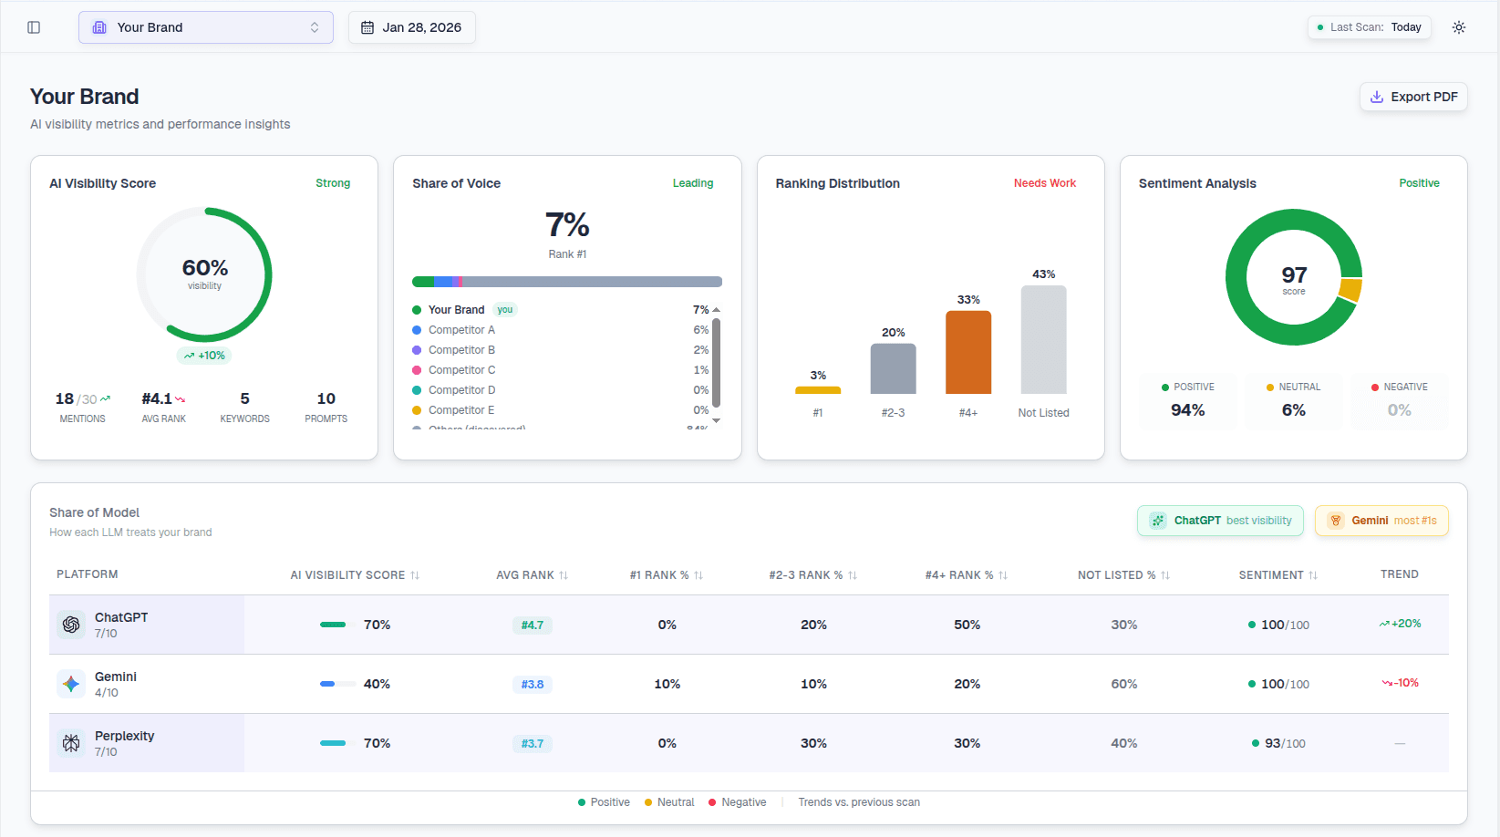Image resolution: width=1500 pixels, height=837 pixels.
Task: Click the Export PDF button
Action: (1413, 97)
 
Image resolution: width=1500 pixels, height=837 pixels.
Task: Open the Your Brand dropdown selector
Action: (205, 27)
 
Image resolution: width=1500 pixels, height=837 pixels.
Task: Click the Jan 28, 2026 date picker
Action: (411, 27)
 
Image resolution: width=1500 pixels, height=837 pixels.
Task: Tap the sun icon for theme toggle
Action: (1459, 27)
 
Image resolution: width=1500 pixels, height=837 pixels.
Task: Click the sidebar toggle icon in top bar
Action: (34, 27)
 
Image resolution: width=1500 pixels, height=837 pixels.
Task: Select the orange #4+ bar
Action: (967, 352)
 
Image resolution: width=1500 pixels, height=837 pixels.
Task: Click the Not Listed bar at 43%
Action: (1043, 339)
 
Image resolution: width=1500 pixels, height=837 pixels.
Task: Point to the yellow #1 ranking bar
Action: (818, 390)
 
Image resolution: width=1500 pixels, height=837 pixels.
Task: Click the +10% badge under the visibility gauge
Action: (204, 356)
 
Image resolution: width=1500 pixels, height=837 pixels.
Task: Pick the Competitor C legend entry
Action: (461, 370)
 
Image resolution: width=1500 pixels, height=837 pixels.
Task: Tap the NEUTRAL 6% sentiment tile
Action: (1293, 400)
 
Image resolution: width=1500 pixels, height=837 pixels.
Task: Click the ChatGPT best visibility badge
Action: (1220, 521)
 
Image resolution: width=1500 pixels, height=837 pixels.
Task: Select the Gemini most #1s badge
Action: (1381, 521)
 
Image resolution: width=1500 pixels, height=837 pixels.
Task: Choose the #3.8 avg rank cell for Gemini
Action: (532, 685)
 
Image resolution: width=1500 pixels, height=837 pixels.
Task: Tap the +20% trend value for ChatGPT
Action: (1401, 624)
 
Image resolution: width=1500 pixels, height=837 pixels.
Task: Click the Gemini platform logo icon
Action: (71, 684)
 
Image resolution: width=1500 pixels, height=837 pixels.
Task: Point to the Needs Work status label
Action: (1044, 183)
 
